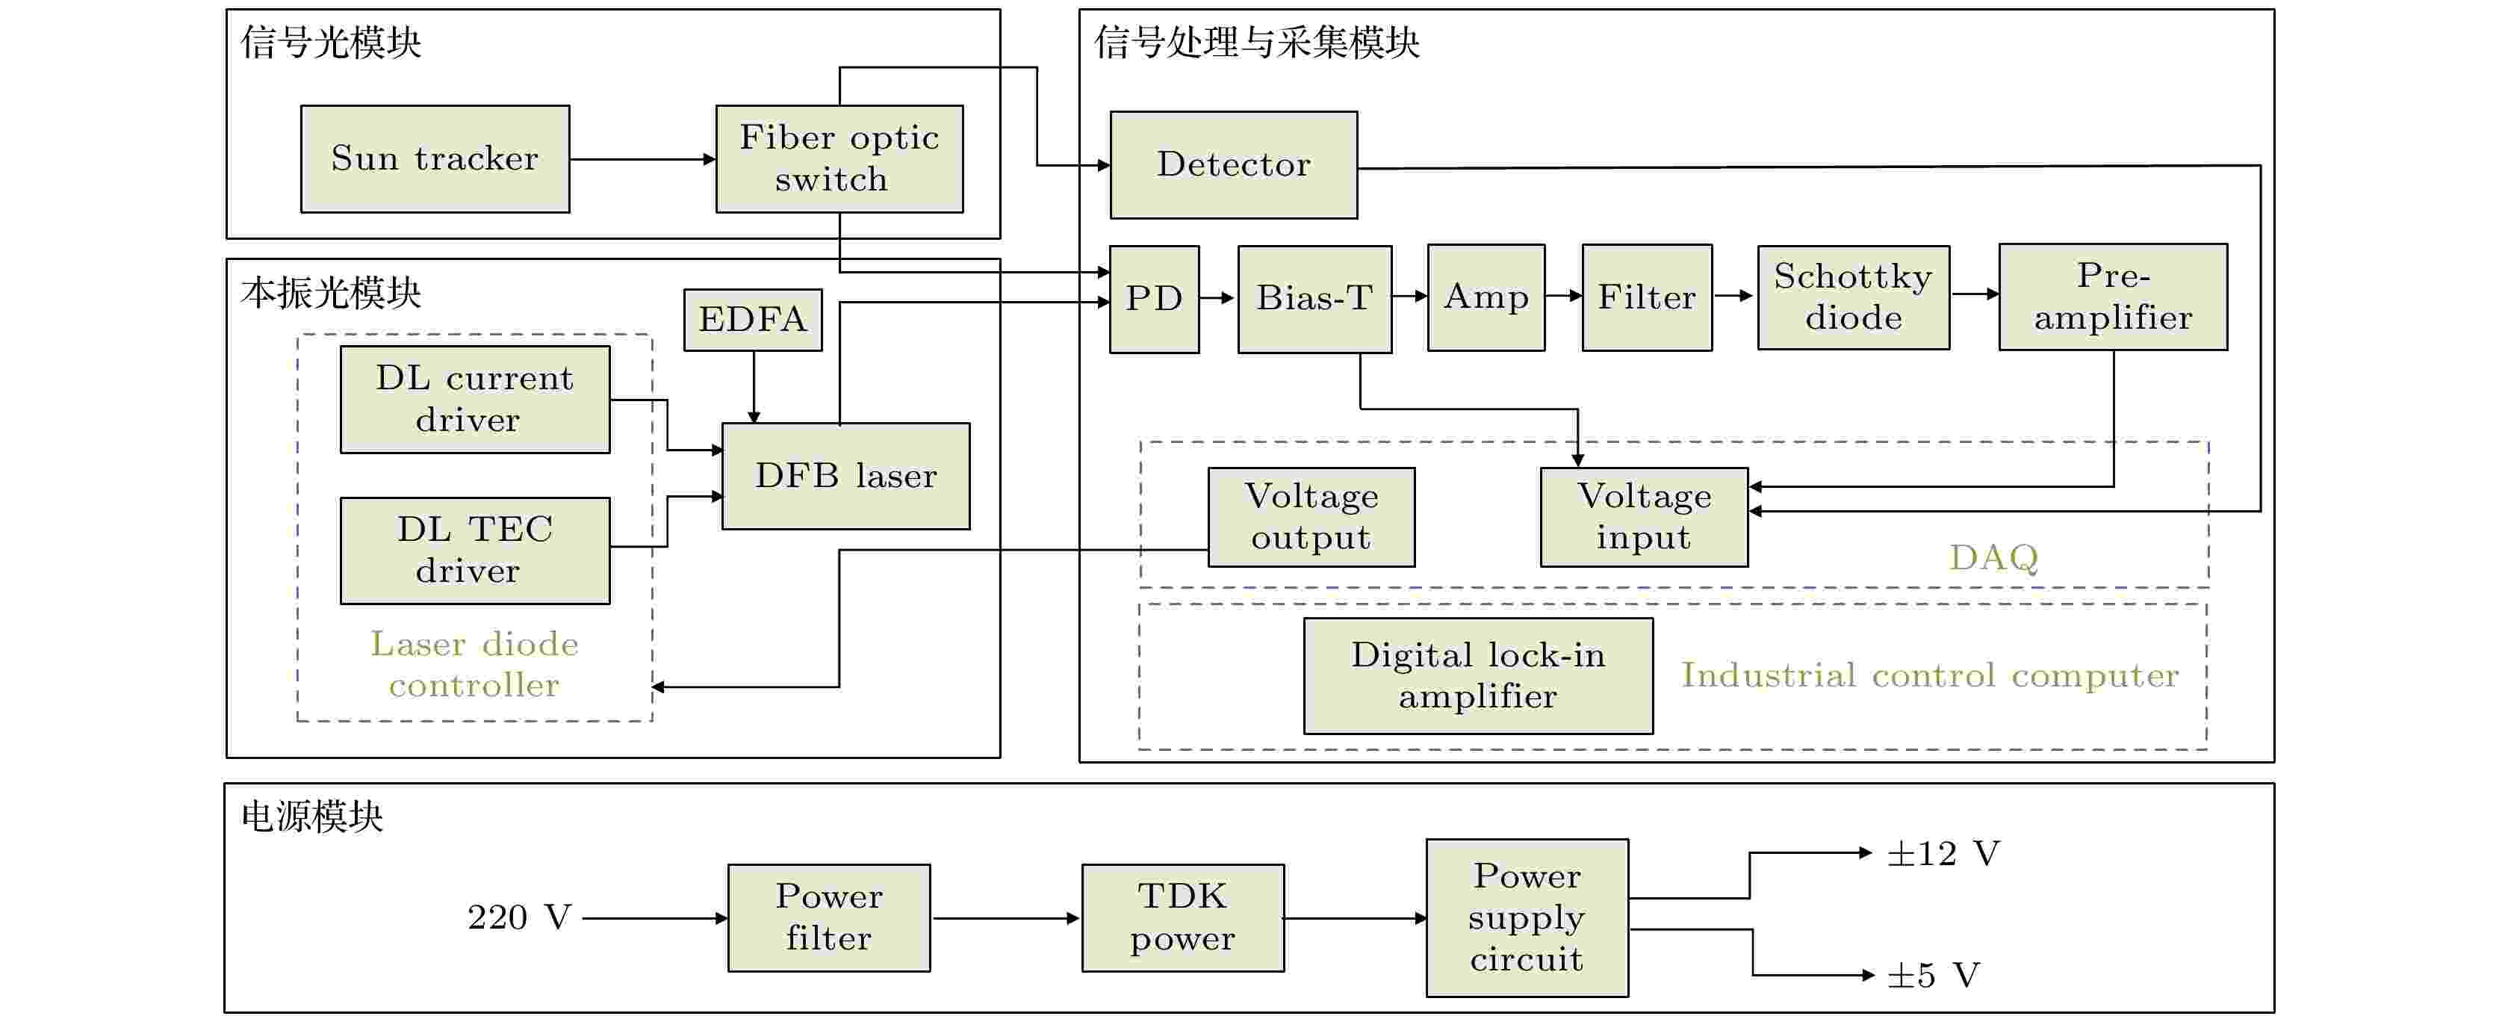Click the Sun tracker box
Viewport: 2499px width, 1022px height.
pyautogui.click(x=435, y=159)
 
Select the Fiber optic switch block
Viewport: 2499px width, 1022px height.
pyautogui.click(x=839, y=159)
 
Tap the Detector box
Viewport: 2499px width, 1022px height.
pyautogui.click(x=1233, y=165)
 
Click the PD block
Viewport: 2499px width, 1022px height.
pyautogui.click(x=1153, y=299)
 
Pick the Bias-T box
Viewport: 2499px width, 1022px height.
pyautogui.click(x=1314, y=299)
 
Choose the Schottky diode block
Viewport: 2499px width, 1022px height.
pyautogui.click(x=1853, y=297)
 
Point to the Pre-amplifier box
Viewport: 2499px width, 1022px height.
pyautogui.click(x=2113, y=297)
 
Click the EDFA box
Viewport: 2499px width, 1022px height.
pyautogui.click(x=753, y=319)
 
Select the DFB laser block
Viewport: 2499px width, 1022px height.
pyautogui.click(x=846, y=477)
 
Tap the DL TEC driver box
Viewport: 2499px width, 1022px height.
pyautogui.click(x=475, y=551)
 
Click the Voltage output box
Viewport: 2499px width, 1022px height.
pyautogui.click(x=1311, y=517)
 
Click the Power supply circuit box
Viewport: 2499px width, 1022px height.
pyautogui.click(x=1527, y=918)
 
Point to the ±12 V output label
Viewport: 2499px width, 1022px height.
pyautogui.click(x=1943, y=854)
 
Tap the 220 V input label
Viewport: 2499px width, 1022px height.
pyautogui.click(x=519, y=917)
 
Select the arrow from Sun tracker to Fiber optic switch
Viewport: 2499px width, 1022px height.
pyautogui.click(x=643, y=159)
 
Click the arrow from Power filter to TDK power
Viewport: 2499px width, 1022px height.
pyautogui.click(x=1006, y=918)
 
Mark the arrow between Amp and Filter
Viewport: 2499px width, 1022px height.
pyautogui.click(x=1564, y=295)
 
